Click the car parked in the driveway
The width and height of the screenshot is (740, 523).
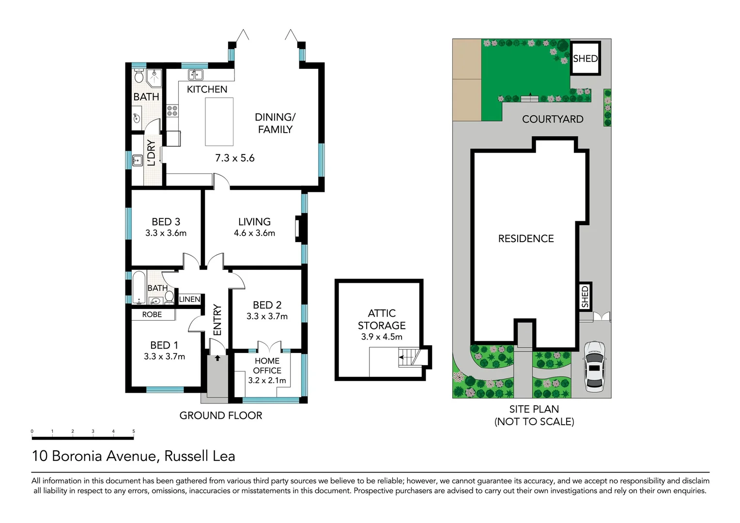click(594, 366)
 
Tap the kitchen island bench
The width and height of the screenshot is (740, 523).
click(219, 122)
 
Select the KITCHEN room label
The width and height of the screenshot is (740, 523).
click(207, 90)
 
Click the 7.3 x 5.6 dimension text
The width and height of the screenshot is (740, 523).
click(235, 158)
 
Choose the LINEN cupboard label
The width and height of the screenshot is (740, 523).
click(189, 299)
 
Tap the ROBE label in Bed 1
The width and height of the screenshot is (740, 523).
click(152, 315)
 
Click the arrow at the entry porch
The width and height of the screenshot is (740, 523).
click(217, 358)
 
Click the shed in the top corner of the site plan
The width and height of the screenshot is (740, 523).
click(585, 59)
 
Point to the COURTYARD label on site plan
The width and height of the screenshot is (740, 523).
click(553, 119)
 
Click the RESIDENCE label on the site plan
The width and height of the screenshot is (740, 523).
click(526, 239)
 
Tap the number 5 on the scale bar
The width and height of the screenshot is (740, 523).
click(134, 431)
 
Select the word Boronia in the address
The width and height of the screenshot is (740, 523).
click(77, 456)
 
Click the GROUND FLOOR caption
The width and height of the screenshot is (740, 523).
click(221, 415)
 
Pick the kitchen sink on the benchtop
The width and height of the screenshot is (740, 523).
click(196, 75)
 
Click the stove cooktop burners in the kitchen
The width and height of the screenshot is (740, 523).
click(172, 110)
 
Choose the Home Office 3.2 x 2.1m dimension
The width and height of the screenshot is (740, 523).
click(267, 381)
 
